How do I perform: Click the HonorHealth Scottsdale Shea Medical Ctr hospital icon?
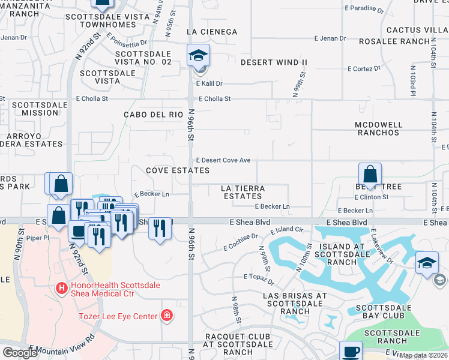click(61, 289)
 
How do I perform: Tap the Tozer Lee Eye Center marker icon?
click(167, 316)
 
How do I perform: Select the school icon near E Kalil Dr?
click(197, 56)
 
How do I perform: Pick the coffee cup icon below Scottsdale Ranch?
click(351, 352)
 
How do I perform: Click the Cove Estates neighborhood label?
click(178, 170)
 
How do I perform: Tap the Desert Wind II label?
click(274, 62)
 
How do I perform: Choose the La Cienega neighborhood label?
click(212, 31)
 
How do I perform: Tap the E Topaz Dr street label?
click(258, 277)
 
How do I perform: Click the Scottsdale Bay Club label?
click(382, 308)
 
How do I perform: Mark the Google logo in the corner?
click(20, 353)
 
